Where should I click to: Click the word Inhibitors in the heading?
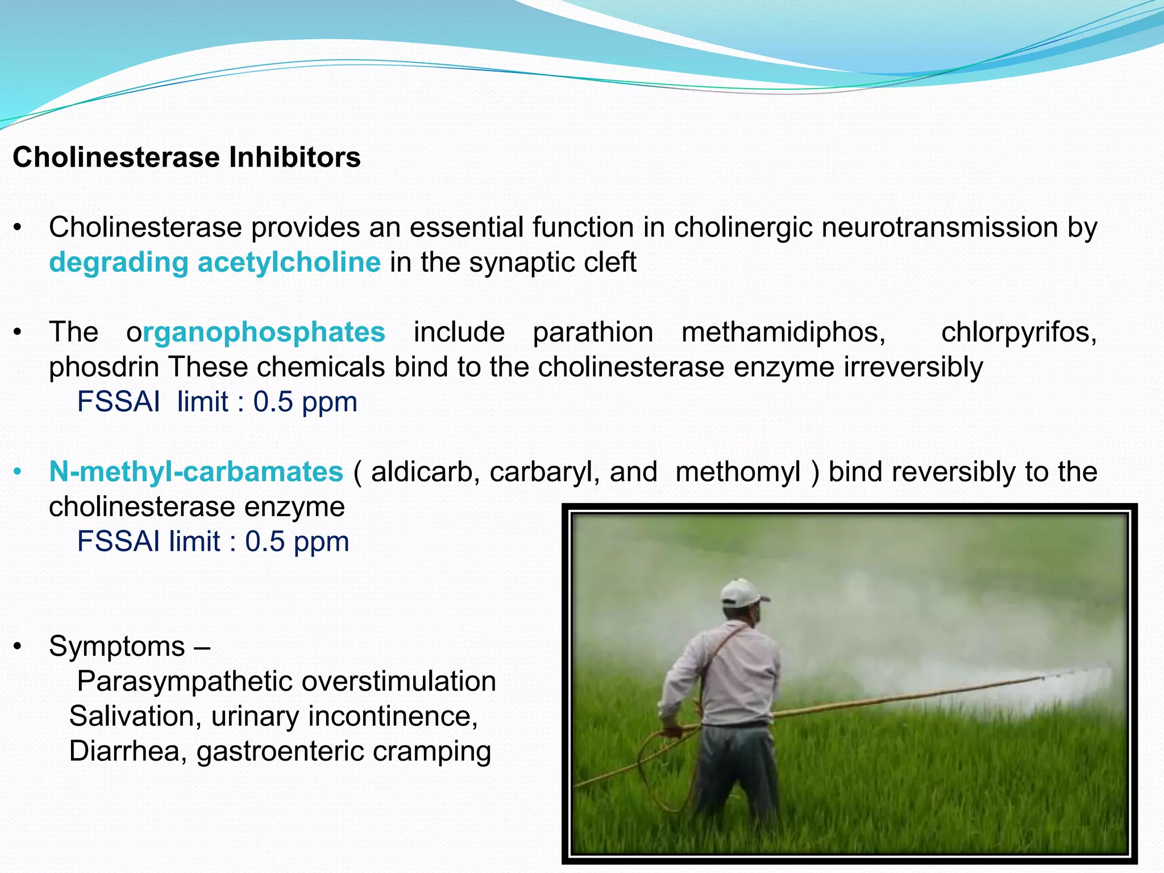point(294,157)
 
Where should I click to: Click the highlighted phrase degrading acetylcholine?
point(214,263)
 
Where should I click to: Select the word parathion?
point(593,332)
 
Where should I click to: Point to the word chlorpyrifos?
point(1018,332)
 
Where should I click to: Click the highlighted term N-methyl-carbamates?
point(196,472)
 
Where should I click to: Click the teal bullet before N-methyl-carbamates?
point(18,472)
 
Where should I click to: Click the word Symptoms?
point(117,646)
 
